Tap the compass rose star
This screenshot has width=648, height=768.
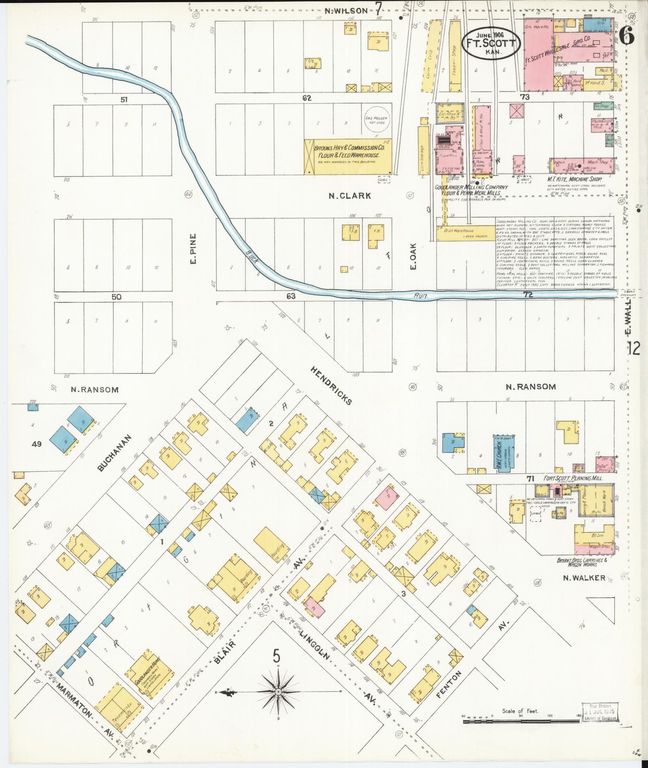click(278, 692)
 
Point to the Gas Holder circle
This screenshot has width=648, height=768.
click(375, 120)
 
